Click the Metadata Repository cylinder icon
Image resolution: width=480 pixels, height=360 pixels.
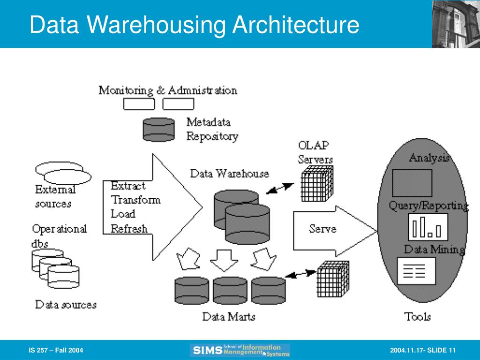point(159,129)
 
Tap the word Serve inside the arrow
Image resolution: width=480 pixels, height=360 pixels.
point(322,229)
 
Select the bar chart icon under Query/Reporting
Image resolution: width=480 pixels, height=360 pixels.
point(428,227)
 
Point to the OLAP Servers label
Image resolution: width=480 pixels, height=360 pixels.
point(315,152)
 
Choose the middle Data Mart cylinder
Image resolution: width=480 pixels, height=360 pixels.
point(230,291)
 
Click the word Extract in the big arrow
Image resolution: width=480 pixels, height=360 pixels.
point(128,186)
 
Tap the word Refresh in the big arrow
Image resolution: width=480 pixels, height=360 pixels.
point(129,229)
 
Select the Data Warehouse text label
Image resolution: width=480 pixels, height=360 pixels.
point(230,173)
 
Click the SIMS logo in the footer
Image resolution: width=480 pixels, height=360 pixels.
point(240,350)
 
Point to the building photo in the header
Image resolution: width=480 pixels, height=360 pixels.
point(456,24)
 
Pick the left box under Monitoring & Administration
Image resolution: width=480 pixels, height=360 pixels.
point(139,104)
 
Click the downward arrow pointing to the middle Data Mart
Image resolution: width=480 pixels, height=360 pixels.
point(224,260)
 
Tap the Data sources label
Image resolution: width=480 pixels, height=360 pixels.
point(66,305)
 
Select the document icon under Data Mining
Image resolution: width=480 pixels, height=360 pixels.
point(416,271)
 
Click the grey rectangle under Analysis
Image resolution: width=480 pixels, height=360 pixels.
point(412,183)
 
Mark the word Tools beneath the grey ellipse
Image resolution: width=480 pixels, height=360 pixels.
point(418,316)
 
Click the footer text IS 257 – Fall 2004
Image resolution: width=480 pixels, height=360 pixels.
point(56,350)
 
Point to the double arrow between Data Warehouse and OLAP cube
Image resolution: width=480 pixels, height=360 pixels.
point(280,188)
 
